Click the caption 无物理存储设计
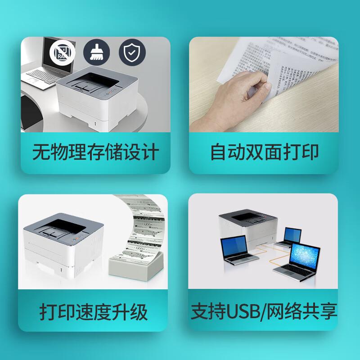95,152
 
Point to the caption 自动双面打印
264,152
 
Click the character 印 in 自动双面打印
310,152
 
